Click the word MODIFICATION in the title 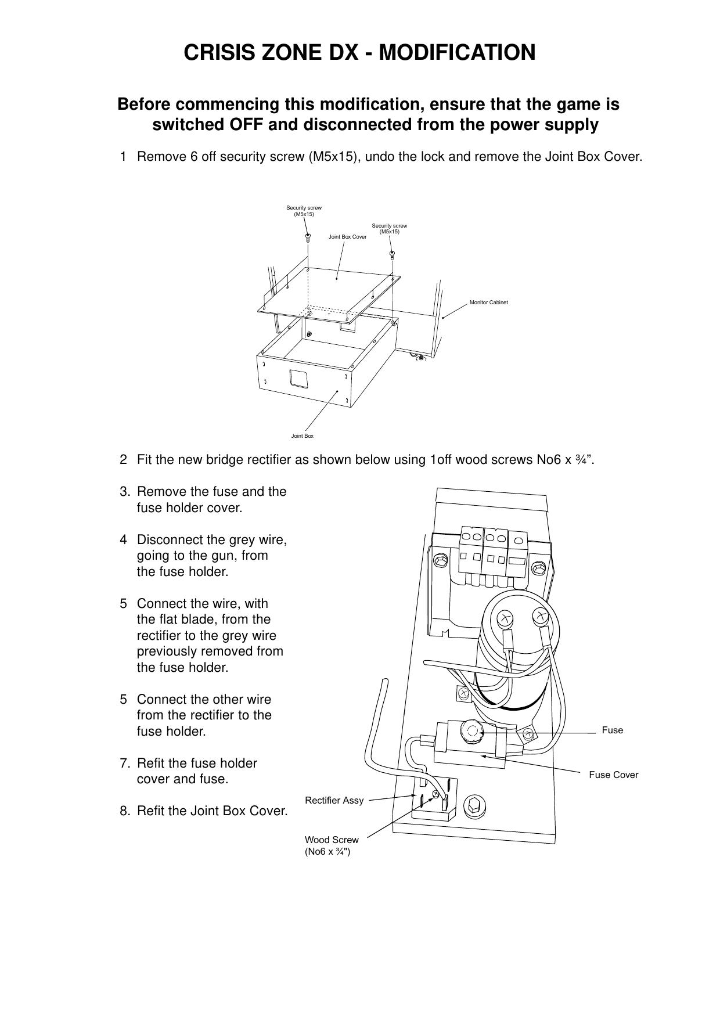(458, 53)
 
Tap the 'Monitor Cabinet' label (488, 303)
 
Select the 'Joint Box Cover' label (347, 237)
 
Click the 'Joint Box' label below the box (302, 436)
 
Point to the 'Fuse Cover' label (613, 775)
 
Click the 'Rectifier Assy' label (334, 800)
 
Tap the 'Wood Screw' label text (332, 840)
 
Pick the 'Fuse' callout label (612, 730)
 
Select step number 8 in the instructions (124, 811)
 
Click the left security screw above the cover (308, 236)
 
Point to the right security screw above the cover (393, 254)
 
